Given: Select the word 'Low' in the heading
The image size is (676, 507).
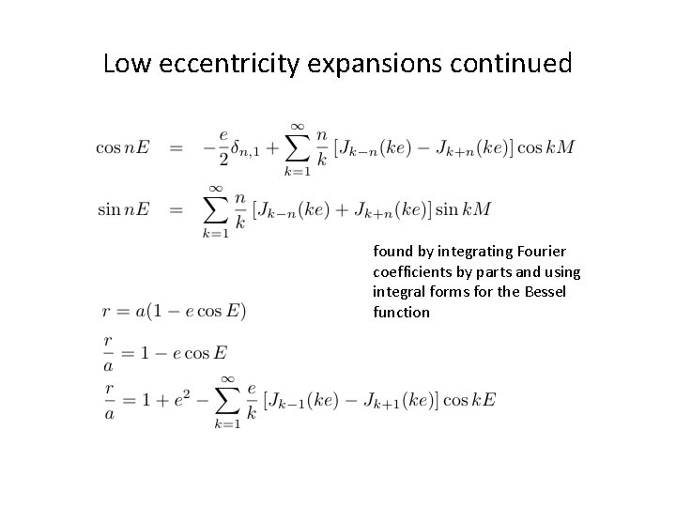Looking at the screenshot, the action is [123, 64].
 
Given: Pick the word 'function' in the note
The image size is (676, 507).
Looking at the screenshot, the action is [401, 313].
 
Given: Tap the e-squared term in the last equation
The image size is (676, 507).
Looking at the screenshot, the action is [194, 399].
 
